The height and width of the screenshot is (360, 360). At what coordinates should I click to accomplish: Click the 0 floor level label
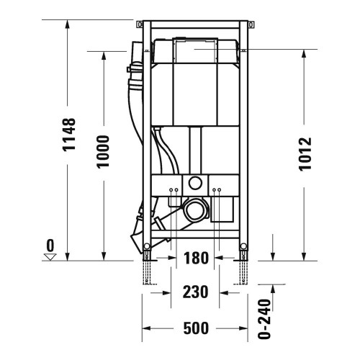[50, 246]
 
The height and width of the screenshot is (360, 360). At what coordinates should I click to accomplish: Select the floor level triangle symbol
[50, 256]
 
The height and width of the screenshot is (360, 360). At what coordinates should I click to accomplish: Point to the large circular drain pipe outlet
[195, 211]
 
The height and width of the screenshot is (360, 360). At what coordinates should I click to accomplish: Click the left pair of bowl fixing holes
[174, 192]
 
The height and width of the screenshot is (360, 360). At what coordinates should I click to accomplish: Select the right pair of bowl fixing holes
[217, 192]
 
